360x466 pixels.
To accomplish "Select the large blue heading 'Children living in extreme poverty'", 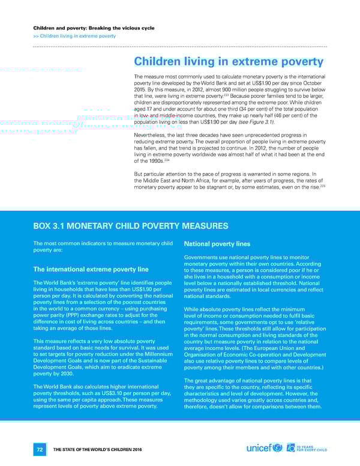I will pos(229,62).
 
